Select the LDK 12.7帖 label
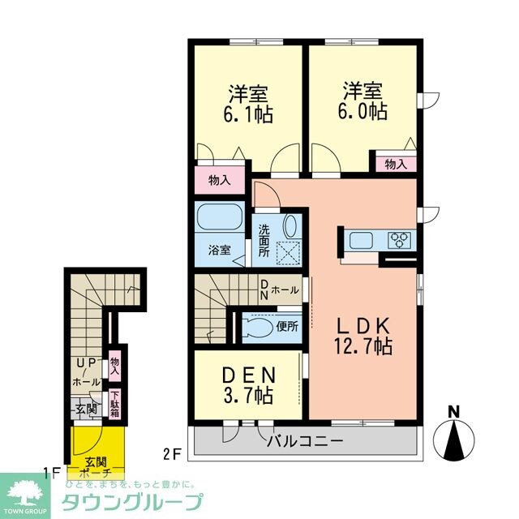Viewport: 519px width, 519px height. point(362,336)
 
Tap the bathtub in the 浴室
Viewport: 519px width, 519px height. point(221,218)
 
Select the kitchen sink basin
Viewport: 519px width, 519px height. point(359,239)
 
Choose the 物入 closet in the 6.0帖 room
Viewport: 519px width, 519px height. point(395,164)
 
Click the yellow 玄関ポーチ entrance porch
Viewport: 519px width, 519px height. point(97,449)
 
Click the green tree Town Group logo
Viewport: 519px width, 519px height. point(28,491)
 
